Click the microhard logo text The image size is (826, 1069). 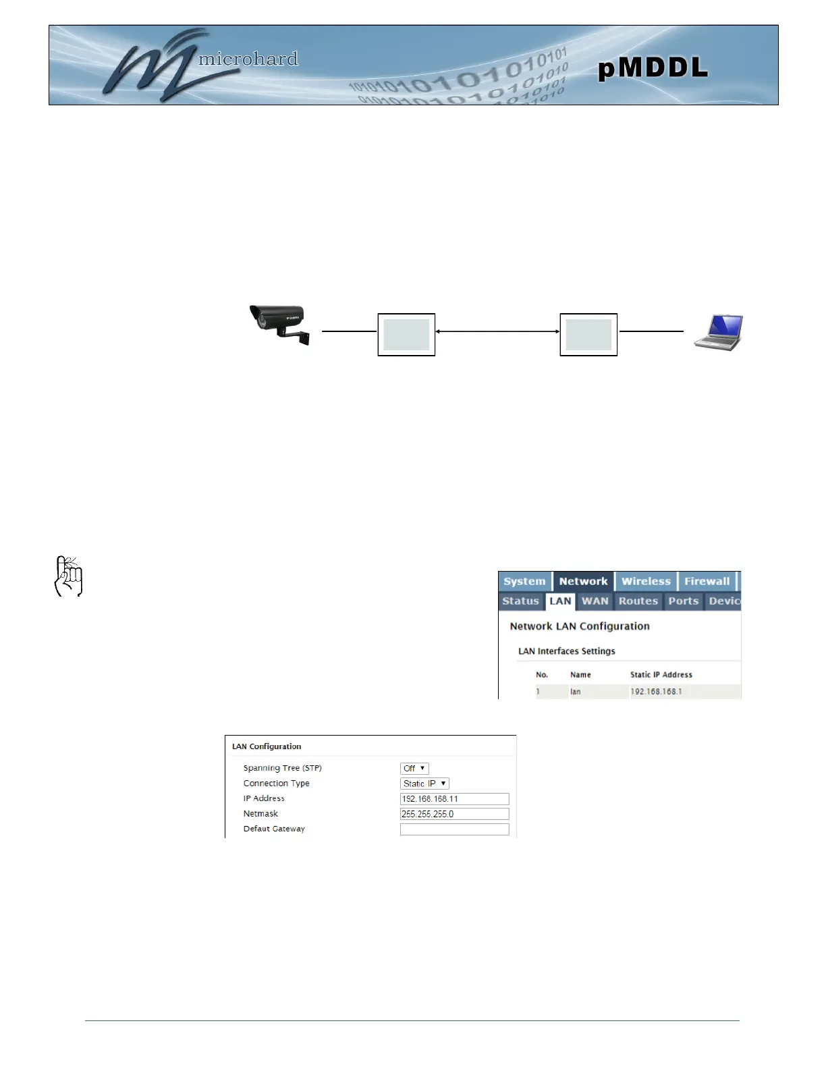(248, 59)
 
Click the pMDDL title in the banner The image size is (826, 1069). (653, 67)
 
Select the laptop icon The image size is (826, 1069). (719, 332)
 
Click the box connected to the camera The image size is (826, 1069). (406, 335)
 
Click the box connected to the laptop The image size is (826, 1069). (588, 335)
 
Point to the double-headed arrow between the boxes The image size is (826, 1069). (497, 331)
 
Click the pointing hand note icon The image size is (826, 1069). (68, 576)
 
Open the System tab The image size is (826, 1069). (524, 581)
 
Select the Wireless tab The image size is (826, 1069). (646, 581)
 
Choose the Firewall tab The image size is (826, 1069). (707, 581)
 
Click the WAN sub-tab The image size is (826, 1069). (595, 601)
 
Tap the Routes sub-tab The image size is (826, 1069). (638, 601)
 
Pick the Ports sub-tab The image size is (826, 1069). (683, 601)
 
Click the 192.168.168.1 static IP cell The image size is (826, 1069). (656, 691)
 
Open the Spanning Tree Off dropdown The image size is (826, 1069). (414, 768)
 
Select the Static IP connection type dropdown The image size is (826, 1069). (424, 784)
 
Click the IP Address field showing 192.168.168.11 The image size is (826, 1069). (454, 799)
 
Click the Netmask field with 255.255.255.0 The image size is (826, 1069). (454, 814)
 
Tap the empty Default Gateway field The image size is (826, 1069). (454, 829)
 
